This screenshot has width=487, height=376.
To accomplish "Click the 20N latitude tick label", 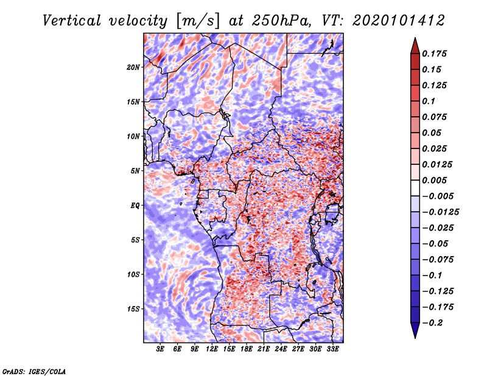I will point(133,67).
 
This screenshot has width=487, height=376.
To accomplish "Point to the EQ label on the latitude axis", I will point(135,205).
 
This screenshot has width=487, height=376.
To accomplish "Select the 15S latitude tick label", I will point(133,308).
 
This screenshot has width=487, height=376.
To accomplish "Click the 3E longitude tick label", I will point(161,349).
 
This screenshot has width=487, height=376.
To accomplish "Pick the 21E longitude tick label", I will point(264,349).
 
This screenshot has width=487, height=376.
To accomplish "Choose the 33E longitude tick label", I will point(333,349).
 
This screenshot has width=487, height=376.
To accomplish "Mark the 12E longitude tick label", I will point(212,349).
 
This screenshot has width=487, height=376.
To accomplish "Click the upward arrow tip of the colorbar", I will point(415,40).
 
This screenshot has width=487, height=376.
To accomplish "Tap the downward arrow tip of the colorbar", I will point(415,336).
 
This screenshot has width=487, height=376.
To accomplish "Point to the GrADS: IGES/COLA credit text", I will point(34,371).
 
